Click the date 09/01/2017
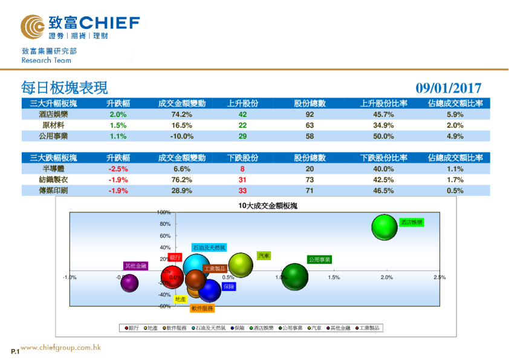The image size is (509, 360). [448, 88]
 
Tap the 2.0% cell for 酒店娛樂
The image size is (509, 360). [118, 114]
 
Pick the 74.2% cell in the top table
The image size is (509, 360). [181, 114]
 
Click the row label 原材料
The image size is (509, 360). [53, 125]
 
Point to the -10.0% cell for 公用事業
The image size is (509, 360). [181, 136]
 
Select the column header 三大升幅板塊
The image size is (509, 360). [53, 103]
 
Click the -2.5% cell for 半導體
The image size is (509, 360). [118, 169]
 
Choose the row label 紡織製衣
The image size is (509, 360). [53, 180]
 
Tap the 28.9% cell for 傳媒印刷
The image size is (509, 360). [181, 191]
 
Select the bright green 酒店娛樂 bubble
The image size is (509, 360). [384, 227]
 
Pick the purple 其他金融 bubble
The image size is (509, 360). [128, 283]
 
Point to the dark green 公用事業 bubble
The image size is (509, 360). [295, 277]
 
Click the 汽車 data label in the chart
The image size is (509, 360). [264, 256]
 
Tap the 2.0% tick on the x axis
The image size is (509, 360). [386, 277]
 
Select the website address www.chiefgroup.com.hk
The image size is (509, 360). [60, 348]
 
